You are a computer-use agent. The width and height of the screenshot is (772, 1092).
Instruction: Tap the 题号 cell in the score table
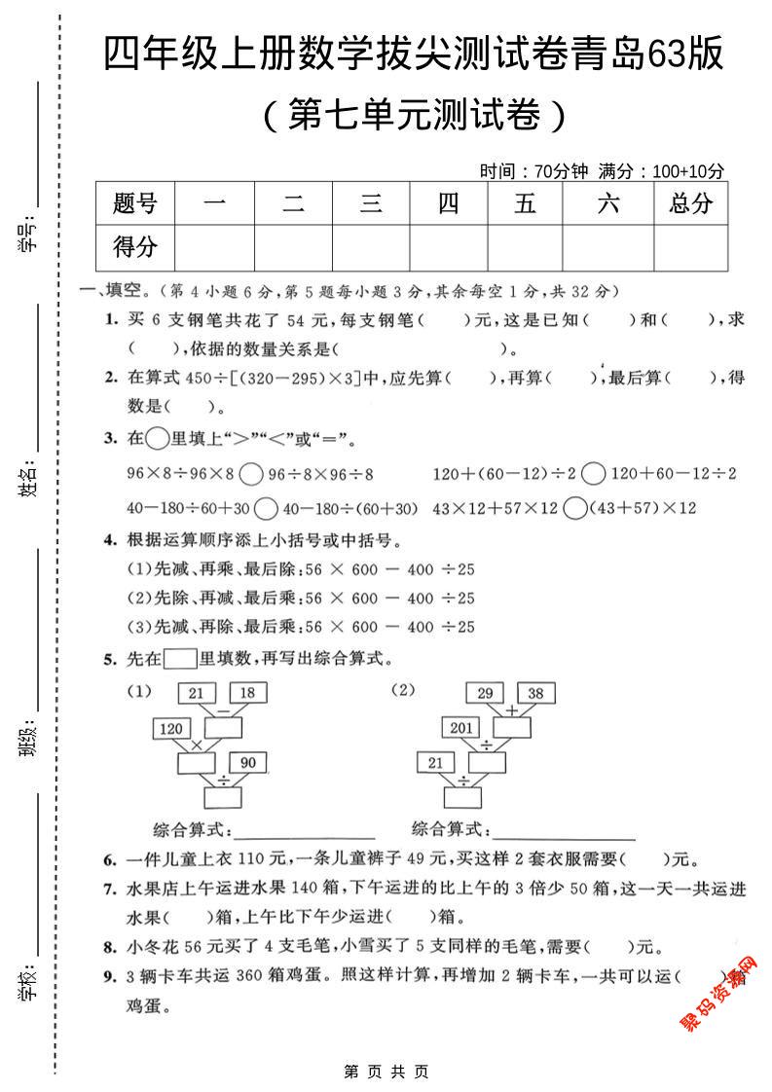coord(135,203)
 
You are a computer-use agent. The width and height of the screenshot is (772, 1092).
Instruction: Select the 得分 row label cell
coord(135,247)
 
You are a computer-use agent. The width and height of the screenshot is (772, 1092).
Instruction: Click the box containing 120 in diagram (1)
coord(172,728)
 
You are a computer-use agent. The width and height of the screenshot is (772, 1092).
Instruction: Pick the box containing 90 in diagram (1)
coord(247,762)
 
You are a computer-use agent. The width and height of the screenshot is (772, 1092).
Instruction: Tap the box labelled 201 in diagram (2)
coord(461,728)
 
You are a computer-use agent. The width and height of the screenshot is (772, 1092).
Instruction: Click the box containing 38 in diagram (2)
coord(534,693)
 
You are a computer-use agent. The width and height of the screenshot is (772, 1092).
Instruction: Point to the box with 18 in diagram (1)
coord(247,693)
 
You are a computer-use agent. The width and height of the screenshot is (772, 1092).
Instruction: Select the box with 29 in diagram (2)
coord(484,693)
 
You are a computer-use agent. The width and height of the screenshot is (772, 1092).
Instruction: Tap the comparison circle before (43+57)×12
coord(575,508)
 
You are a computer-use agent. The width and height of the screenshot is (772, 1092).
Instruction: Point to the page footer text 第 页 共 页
coord(386,1071)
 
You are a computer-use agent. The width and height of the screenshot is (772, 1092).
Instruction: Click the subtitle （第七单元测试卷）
coord(413,117)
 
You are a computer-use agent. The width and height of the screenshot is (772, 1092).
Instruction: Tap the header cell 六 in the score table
coord(608,203)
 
